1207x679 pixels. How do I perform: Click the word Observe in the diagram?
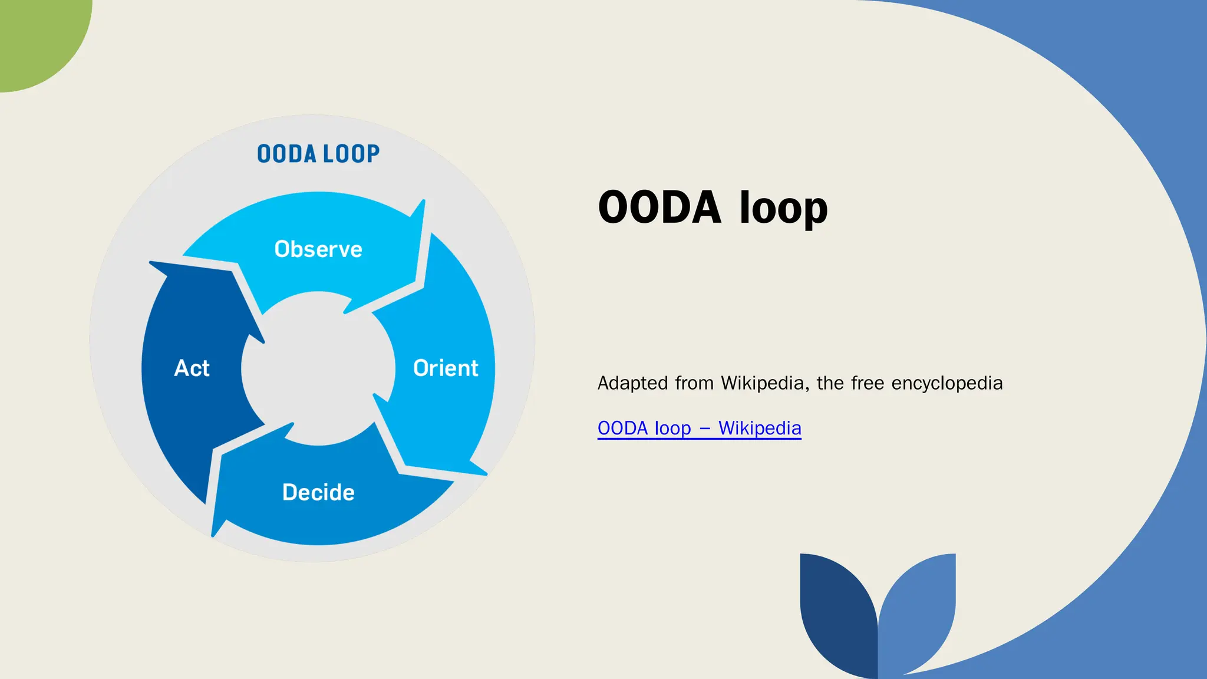(318, 249)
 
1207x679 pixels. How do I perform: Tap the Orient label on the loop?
(446, 368)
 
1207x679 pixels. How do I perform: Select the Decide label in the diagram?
(318, 493)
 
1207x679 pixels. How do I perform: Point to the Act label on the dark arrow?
(192, 368)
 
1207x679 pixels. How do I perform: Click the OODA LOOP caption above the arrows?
(318, 154)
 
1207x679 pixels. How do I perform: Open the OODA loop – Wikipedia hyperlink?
(699, 428)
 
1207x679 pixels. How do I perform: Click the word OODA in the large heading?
(659, 207)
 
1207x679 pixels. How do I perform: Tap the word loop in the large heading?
(783, 207)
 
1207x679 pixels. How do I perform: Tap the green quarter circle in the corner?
(35, 35)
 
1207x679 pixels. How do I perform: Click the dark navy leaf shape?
(837, 613)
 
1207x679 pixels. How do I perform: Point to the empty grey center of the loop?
(318, 368)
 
